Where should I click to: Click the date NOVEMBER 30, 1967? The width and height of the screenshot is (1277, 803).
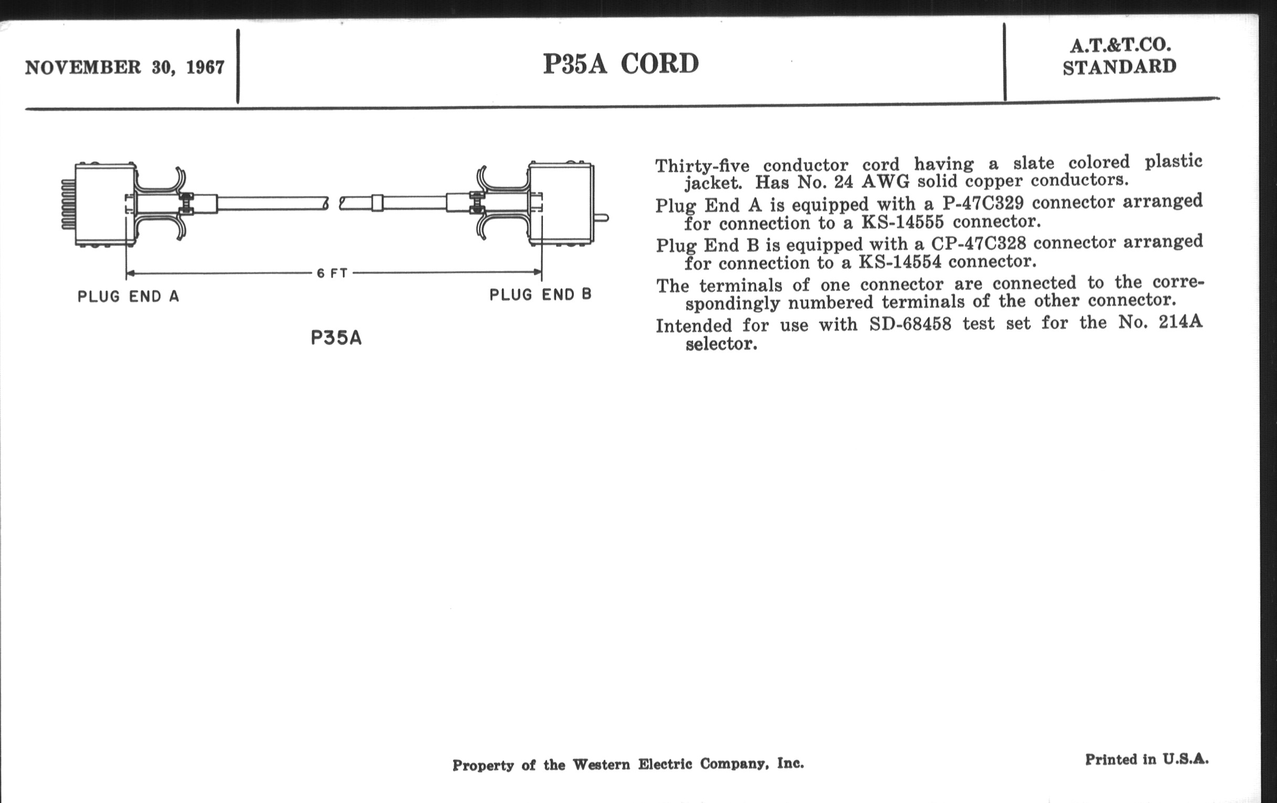[124, 68]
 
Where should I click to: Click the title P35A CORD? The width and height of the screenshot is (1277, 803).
[621, 64]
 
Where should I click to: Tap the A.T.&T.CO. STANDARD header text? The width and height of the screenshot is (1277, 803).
[1119, 56]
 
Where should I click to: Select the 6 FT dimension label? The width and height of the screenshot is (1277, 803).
[332, 273]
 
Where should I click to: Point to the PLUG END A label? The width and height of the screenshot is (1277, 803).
[128, 297]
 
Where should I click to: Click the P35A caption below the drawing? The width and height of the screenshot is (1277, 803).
[336, 338]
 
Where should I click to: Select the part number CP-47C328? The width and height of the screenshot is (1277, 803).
[978, 244]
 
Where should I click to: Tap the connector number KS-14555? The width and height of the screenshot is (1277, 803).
[902, 222]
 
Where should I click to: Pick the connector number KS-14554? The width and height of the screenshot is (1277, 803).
[900, 262]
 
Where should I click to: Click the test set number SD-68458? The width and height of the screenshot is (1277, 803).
[910, 324]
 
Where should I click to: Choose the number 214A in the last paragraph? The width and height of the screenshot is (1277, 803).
[1180, 322]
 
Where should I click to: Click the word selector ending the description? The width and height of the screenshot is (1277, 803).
[721, 344]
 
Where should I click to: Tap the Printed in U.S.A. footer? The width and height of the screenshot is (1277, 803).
[1147, 759]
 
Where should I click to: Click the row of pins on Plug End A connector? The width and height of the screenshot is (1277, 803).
[68, 205]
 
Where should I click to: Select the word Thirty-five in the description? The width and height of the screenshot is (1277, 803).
[702, 166]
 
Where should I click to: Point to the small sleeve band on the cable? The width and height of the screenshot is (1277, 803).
[377, 203]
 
